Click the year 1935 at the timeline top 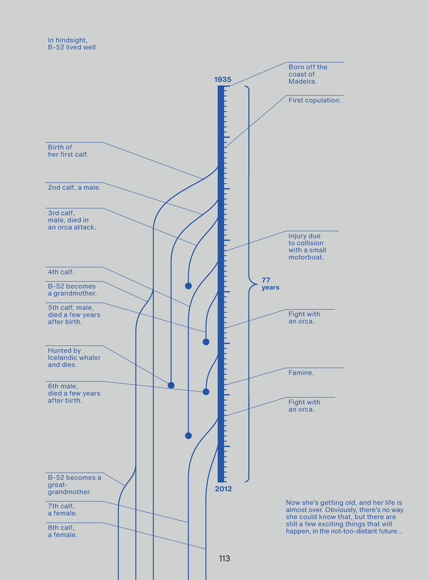(x=223, y=80)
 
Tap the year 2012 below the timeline (x=223, y=489)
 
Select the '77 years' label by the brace (x=270, y=283)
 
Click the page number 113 (x=224, y=559)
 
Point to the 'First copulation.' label (x=315, y=101)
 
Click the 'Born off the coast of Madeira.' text (x=307, y=74)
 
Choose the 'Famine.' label (x=301, y=373)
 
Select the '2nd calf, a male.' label (x=74, y=188)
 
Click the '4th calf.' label (x=61, y=272)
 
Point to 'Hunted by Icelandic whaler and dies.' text (x=74, y=358)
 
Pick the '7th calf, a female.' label (x=63, y=510)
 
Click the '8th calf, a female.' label (x=63, y=531)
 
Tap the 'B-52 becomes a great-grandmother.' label (x=74, y=485)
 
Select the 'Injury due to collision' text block (x=307, y=247)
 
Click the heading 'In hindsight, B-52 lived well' (x=71, y=43)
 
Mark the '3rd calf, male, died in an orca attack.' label (x=71, y=220)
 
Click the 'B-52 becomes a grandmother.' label (x=72, y=290)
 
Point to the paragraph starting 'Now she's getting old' (x=344, y=517)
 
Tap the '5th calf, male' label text (x=74, y=314)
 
